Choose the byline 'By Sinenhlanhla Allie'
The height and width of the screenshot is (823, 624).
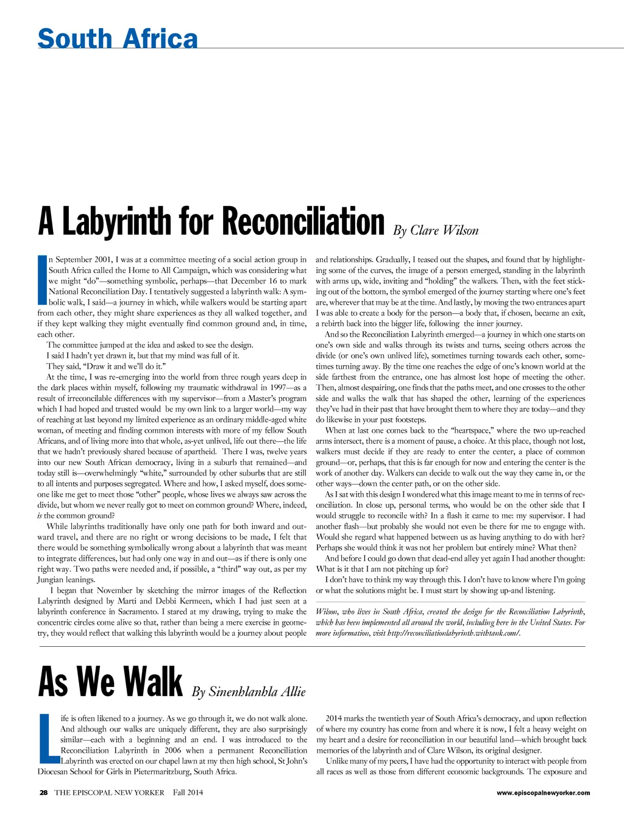click(249, 691)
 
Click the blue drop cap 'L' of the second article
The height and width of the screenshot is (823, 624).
click(47, 738)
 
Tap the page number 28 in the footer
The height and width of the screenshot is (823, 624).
click(43, 793)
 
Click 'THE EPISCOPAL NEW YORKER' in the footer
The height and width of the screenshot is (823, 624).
click(110, 793)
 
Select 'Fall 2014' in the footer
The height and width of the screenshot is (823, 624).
click(188, 793)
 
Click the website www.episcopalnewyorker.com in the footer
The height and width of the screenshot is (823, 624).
click(543, 793)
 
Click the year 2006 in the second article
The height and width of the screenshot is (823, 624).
click(172, 750)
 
